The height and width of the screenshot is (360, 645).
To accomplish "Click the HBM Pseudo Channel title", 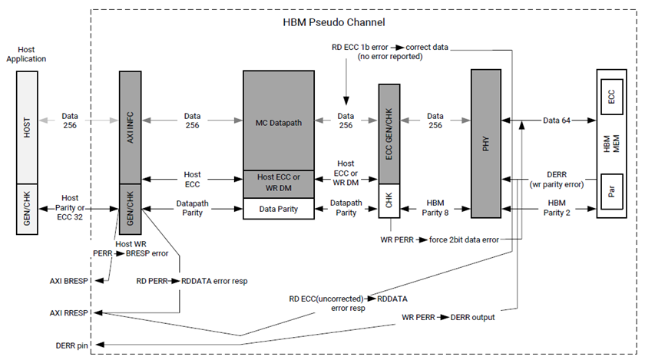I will point(334,22).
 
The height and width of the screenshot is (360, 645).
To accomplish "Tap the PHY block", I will point(485,142).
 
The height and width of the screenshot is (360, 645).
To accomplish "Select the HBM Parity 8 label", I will point(437,207).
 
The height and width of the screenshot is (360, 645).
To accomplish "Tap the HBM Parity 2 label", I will point(557,207).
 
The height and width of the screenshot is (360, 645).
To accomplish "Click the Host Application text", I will point(27,54).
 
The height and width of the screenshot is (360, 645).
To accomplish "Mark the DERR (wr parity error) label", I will point(557,180).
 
